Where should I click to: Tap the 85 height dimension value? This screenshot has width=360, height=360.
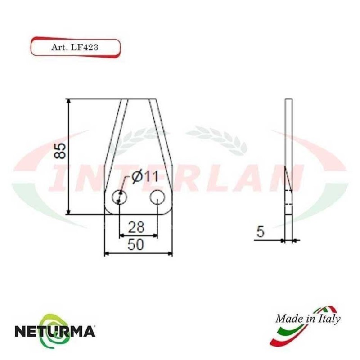[61, 151]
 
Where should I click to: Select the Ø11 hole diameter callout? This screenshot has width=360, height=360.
[145, 177]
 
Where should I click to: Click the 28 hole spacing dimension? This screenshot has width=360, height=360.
[136, 227]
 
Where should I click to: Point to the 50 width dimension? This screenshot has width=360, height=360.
[136, 245]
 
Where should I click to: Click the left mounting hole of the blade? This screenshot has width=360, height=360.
[119, 197]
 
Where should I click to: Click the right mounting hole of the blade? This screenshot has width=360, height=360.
[157, 197]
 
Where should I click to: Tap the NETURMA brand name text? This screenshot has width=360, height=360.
[55, 332]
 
